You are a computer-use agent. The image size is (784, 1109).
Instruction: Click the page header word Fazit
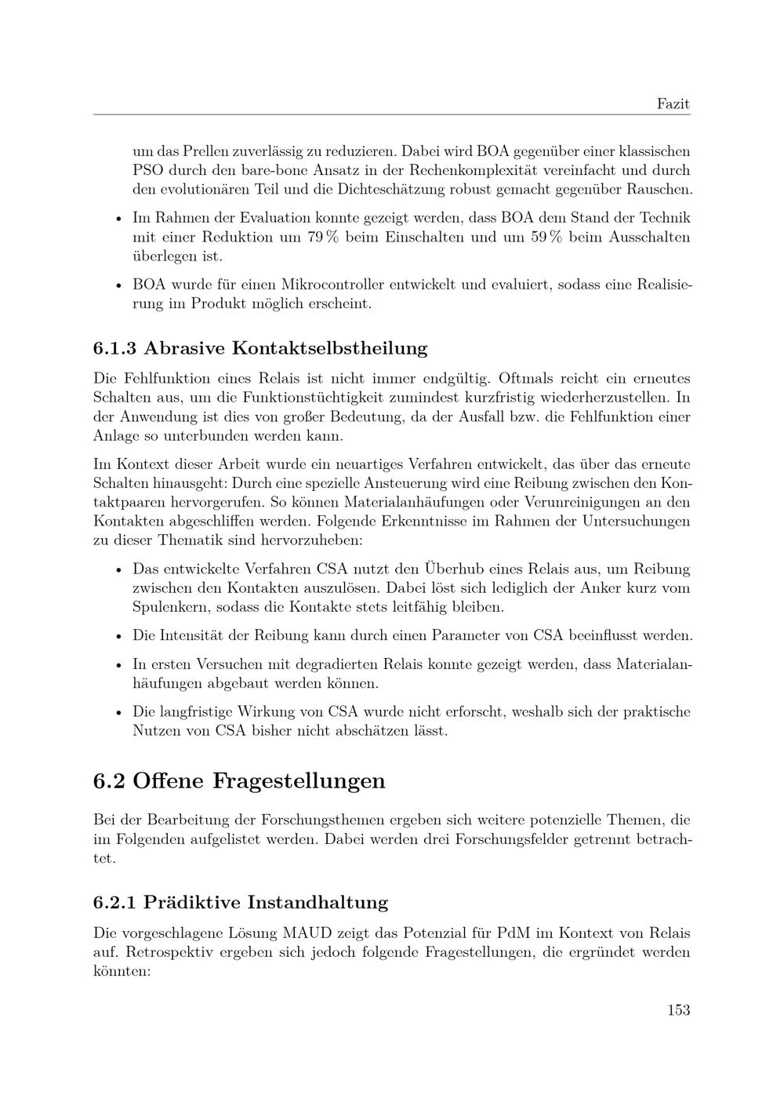pyautogui.click(x=673, y=104)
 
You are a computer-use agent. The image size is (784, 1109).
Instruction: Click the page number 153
pyautogui.click(x=678, y=1009)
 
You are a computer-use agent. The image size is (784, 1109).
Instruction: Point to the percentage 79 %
pyautogui.click(x=322, y=237)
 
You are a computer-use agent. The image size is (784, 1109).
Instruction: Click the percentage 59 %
pyautogui.click(x=546, y=237)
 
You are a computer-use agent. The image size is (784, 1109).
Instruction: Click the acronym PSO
pyautogui.click(x=147, y=170)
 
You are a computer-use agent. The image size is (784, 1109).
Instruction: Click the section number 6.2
pyautogui.click(x=109, y=781)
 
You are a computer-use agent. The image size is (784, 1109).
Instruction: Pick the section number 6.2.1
pyautogui.click(x=114, y=902)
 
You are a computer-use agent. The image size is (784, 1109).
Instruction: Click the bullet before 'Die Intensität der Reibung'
pyautogui.click(x=118, y=636)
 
